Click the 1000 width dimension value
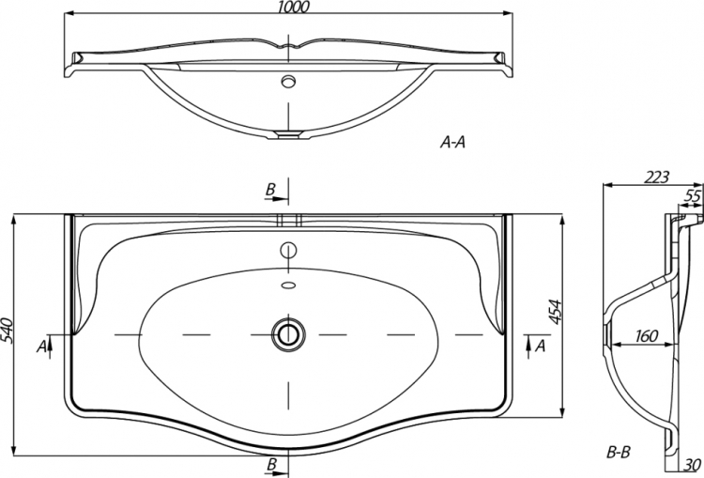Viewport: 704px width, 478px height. coord(294,7)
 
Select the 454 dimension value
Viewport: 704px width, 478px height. coord(556,312)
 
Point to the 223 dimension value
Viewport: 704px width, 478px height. coord(656,177)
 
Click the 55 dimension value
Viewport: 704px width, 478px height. coord(694,196)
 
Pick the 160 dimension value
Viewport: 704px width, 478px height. coord(647,335)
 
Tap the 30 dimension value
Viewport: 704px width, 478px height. coord(694,465)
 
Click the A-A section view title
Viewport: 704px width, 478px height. coord(452,143)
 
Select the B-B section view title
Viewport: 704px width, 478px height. coord(619,452)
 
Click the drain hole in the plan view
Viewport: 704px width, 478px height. coord(288,334)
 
